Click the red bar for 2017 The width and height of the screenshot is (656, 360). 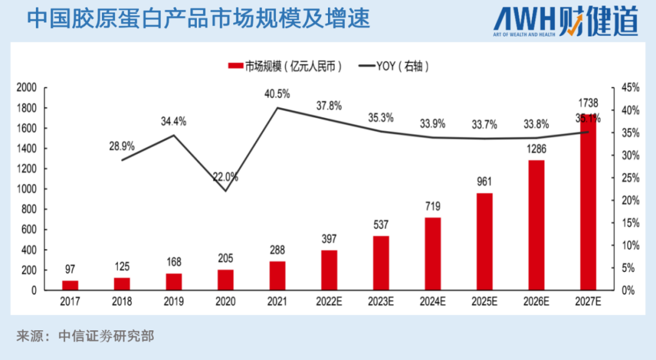tap(70, 285)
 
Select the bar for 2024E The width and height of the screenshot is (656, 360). tap(432, 254)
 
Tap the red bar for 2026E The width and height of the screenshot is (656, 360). tap(536, 225)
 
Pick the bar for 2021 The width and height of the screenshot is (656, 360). tap(278, 276)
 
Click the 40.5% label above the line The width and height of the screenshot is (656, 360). tap(277, 94)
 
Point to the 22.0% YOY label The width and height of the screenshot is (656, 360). tap(225, 177)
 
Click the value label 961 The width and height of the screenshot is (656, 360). tap(484, 182)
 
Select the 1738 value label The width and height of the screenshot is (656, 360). tap(588, 103)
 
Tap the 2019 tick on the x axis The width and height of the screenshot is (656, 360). tap(174, 301)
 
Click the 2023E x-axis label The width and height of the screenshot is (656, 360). tap(381, 301)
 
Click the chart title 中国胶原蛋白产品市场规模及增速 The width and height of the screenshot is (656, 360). tap(199, 19)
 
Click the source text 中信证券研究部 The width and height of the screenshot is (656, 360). tap(106, 336)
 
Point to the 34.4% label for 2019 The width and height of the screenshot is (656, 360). tap(174, 121)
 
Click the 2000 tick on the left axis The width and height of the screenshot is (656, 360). tap(27, 88)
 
